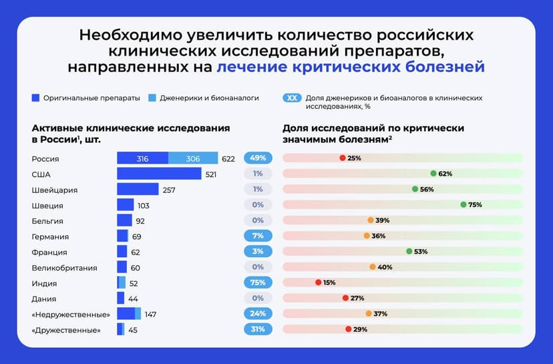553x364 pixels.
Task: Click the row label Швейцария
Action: (55, 190)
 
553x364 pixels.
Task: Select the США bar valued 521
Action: (159, 174)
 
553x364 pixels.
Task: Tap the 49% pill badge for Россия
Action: (258, 158)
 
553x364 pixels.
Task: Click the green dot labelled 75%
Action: (464, 204)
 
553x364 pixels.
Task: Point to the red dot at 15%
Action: (319, 283)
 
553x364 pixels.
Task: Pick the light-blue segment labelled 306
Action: (193, 158)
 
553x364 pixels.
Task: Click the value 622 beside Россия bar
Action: (228, 158)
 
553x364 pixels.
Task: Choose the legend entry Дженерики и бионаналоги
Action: (214, 98)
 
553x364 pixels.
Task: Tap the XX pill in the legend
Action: (291, 98)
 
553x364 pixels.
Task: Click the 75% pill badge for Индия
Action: (258, 283)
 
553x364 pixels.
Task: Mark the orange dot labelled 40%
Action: (373, 267)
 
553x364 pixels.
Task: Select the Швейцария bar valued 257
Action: (138, 190)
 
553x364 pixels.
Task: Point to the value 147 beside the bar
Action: (150, 314)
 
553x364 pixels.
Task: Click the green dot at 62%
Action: (433, 174)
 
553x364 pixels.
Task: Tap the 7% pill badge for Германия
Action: (258, 236)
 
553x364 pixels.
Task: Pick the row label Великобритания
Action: (65, 267)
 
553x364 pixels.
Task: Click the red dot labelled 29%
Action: (349, 329)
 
